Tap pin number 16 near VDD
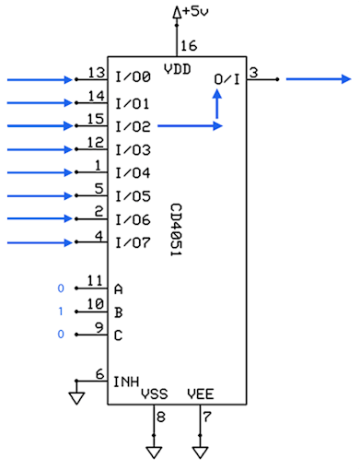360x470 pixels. pyautogui.click(x=188, y=45)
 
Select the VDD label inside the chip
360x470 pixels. pyautogui.click(x=177, y=67)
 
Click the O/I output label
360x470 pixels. pyautogui.click(x=226, y=80)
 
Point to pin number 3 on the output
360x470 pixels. pyautogui.click(x=253, y=72)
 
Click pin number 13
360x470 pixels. pyautogui.click(x=95, y=73)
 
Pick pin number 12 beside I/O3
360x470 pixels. pyautogui.click(x=95, y=142)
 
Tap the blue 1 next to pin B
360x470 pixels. pyautogui.click(x=62, y=311)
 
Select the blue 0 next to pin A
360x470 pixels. pyautogui.click(x=62, y=288)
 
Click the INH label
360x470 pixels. pyautogui.click(x=126, y=382)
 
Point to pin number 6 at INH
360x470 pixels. pyautogui.click(x=100, y=374)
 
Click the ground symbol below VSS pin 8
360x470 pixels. pyautogui.click(x=153, y=452)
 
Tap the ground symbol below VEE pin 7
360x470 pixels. pyautogui.click(x=200, y=452)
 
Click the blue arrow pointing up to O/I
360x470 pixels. pyautogui.click(x=217, y=107)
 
